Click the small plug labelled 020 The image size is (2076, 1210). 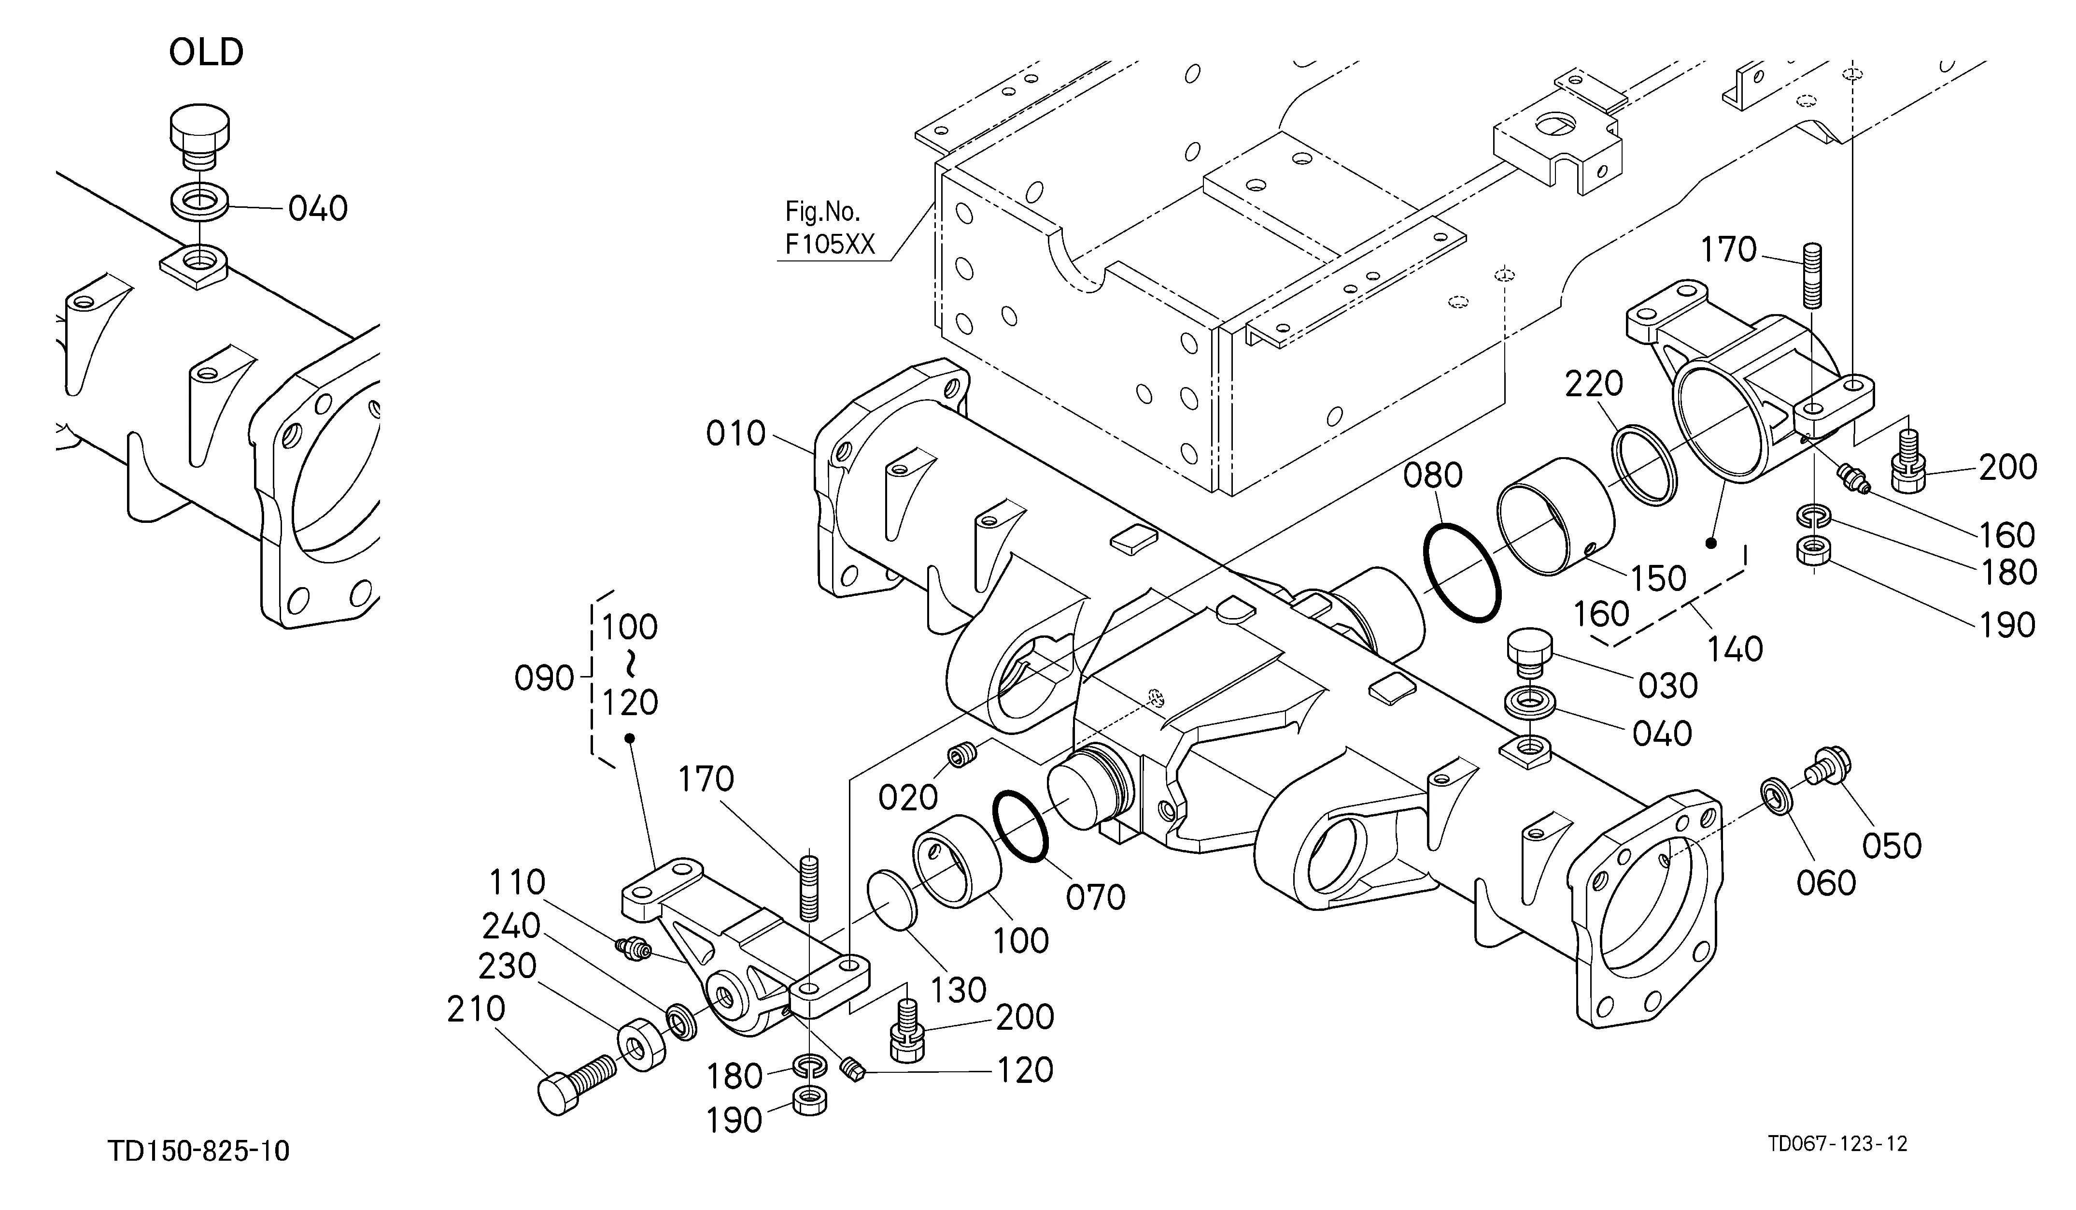962,753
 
